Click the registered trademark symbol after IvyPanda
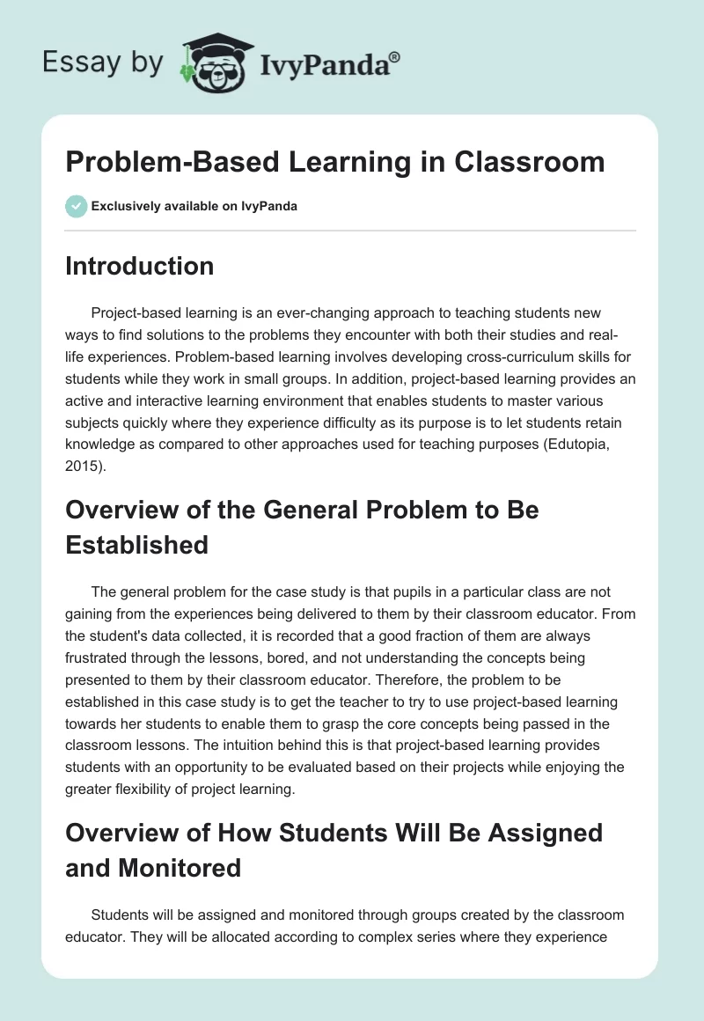pyautogui.click(x=395, y=56)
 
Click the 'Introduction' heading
pyautogui.click(x=139, y=266)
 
